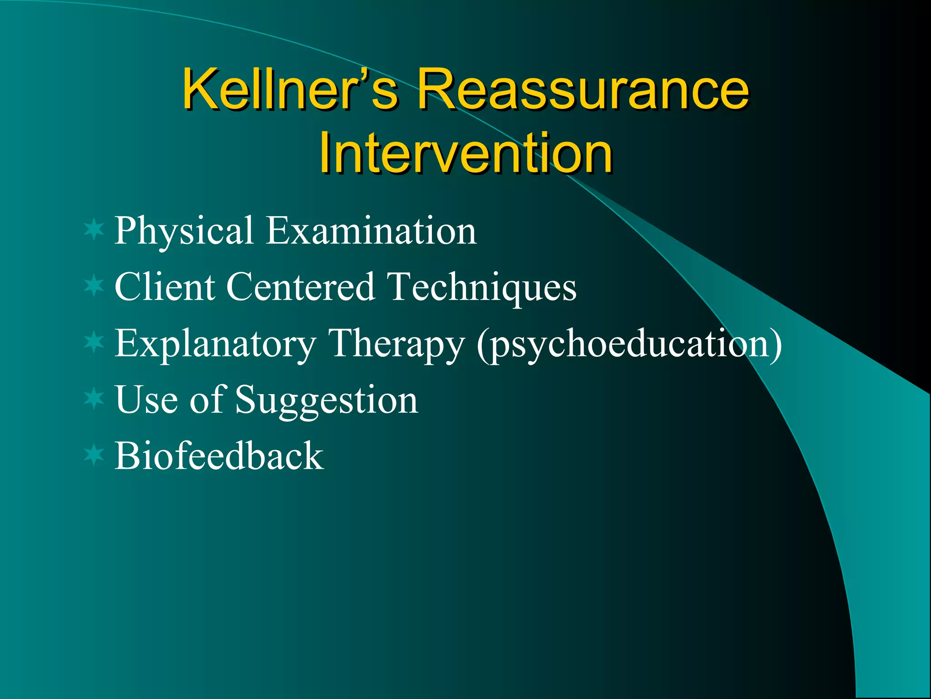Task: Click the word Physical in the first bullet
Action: [183, 231]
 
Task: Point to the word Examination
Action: [371, 230]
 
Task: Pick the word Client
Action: [165, 287]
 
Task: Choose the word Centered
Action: [300, 287]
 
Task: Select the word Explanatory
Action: [215, 344]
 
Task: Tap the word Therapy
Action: [396, 344]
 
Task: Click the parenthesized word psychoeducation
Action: [630, 344]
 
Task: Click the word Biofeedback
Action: [219, 456]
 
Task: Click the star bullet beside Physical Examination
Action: [94, 229]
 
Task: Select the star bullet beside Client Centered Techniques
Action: [94, 286]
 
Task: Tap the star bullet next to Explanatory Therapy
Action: [94, 342]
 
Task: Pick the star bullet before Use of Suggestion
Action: [94, 399]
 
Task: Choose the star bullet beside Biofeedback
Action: [94, 455]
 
